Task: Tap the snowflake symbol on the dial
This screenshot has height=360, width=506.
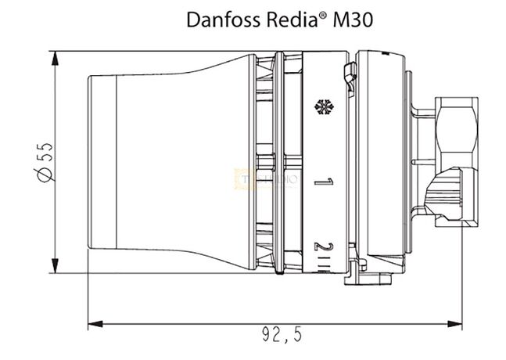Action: click(321, 106)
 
